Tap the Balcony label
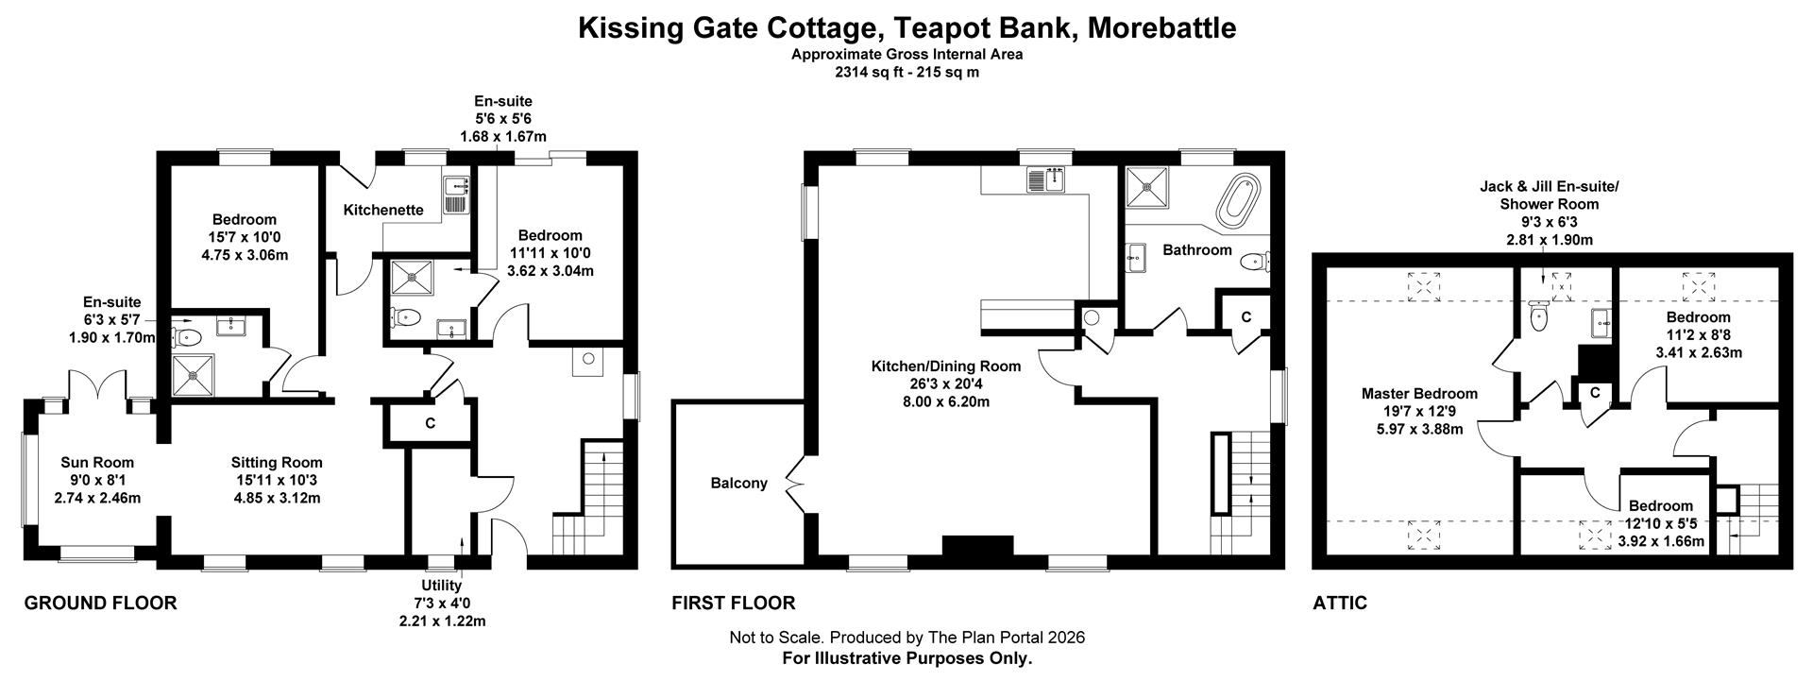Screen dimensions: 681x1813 pyautogui.click(x=738, y=484)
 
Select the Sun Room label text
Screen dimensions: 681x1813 pyautogui.click(x=97, y=463)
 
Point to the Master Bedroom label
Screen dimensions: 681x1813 pyautogui.click(x=1419, y=394)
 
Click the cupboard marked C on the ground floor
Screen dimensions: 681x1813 pyautogui.click(x=430, y=424)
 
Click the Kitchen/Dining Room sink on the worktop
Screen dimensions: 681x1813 pyautogui.click(x=1045, y=179)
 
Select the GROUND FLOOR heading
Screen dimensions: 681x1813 pyautogui.click(x=100, y=603)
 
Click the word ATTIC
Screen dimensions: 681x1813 pyautogui.click(x=1340, y=603)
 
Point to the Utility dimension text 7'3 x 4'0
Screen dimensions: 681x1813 pyautogui.click(x=441, y=604)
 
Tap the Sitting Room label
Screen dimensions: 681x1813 pyautogui.click(x=277, y=463)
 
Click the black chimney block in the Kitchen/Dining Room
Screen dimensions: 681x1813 pyautogui.click(x=977, y=546)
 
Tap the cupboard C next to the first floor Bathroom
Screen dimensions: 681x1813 pyautogui.click(x=1245, y=317)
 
